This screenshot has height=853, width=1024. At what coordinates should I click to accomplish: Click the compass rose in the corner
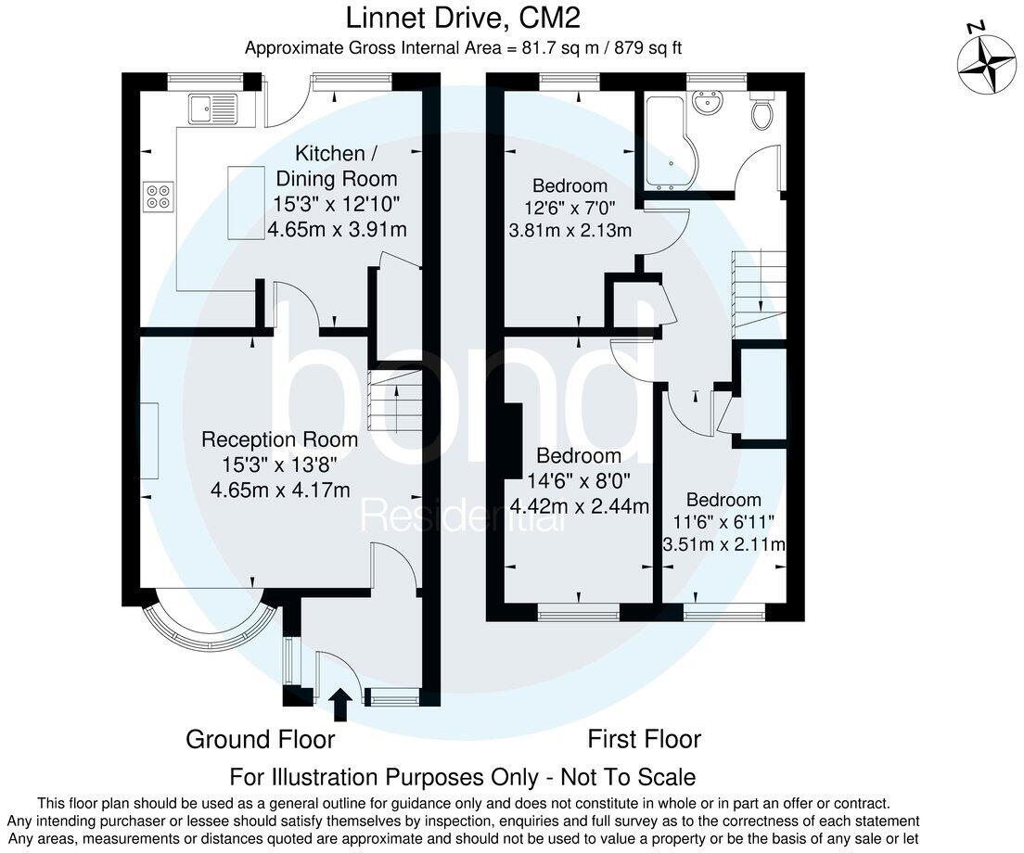coord(986,62)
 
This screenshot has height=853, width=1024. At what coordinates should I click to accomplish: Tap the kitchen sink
coord(212,109)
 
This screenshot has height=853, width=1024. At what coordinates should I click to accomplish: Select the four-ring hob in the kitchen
coord(158,196)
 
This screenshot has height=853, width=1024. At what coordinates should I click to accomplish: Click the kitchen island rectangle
coord(246,203)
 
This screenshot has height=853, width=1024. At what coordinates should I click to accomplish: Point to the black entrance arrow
coord(339,705)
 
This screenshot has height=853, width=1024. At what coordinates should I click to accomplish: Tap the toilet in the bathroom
coord(762,114)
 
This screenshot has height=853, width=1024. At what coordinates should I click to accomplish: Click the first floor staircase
coord(760,293)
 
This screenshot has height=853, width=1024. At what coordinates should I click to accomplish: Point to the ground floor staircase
coord(395,400)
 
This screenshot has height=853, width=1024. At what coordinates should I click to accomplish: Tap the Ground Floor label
coord(260,739)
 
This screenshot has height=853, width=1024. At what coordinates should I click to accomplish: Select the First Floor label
coord(644,739)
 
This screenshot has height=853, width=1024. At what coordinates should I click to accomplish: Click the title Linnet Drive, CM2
coord(464,18)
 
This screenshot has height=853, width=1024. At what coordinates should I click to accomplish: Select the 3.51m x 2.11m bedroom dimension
coord(723,544)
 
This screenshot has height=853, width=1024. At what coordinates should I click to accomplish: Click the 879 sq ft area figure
coord(646,48)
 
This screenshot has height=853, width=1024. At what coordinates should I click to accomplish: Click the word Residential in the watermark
coord(463,516)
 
